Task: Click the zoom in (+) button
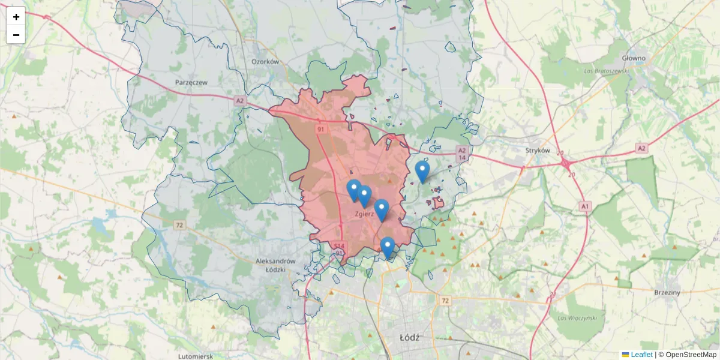tap(16, 17)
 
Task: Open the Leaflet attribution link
tap(641, 355)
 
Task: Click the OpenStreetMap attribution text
tap(691, 355)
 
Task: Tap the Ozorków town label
tap(265, 61)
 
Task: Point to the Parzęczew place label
tap(191, 82)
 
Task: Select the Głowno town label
tap(634, 58)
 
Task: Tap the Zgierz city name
tap(364, 213)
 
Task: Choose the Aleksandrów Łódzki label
tap(276, 265)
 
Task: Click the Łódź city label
tap(410, 337)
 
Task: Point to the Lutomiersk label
tap(196, 356)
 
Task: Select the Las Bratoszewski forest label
tap(606, 70)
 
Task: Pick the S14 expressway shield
tap(340, 245)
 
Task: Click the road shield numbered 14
tap(461, 158)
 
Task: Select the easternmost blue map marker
tap(422, 172)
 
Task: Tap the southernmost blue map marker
tap(388, 247)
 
